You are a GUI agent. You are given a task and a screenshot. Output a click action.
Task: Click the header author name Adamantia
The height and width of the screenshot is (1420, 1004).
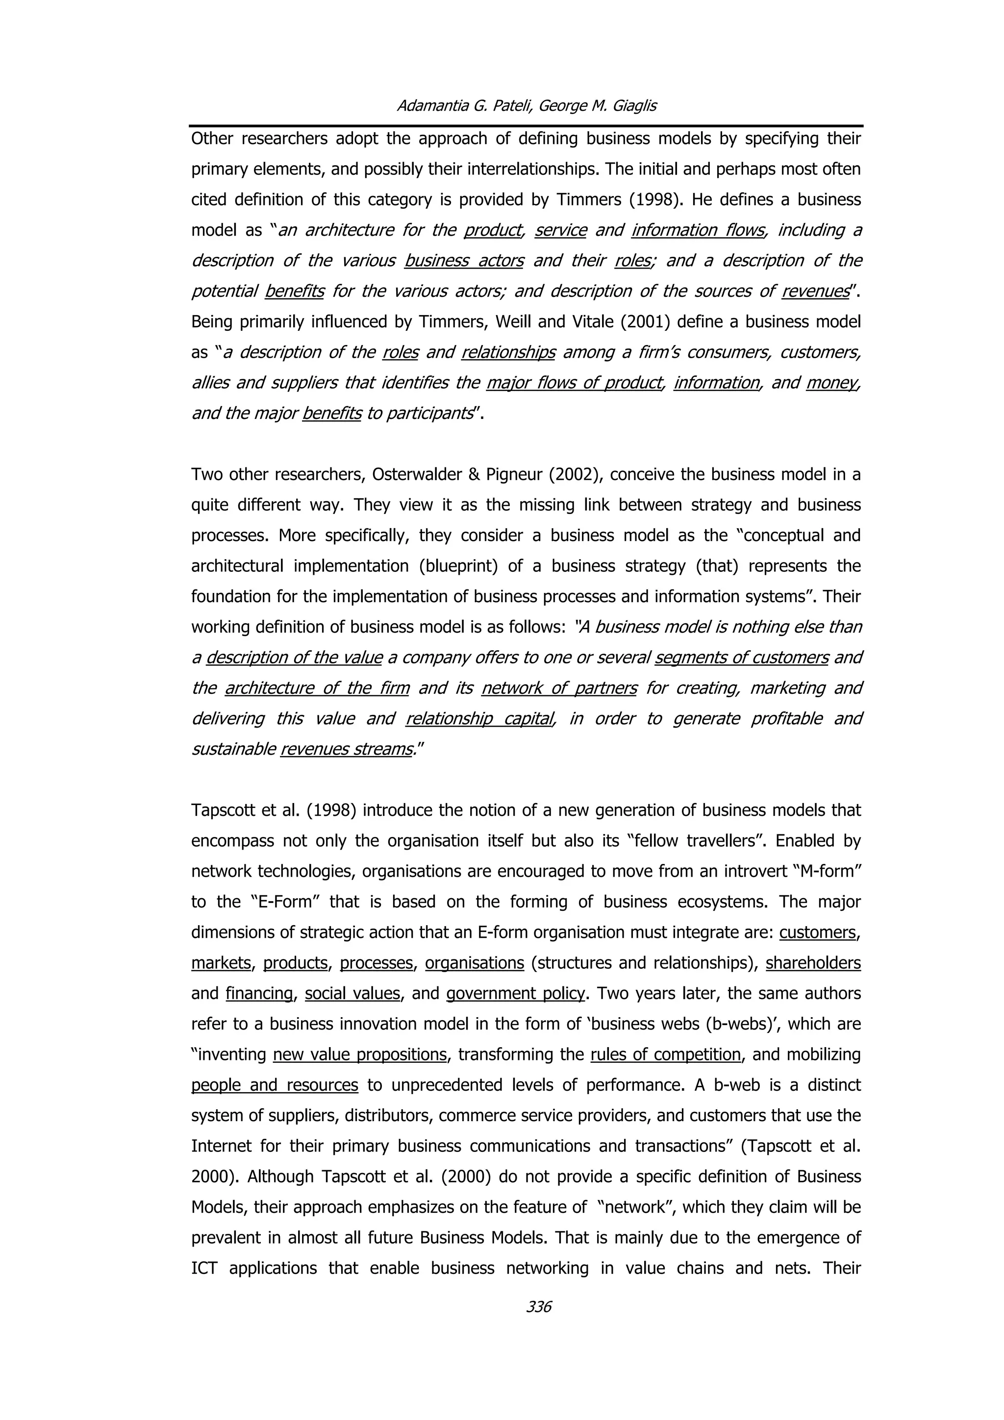432,106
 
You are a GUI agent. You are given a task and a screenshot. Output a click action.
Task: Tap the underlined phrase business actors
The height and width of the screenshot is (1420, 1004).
464,260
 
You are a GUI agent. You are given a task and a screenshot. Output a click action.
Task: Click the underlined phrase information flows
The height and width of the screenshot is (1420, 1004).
698,230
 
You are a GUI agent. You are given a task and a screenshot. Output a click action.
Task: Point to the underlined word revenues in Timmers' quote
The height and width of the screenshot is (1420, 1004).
815,291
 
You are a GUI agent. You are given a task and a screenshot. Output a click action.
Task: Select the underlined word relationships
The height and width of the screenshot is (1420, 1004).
508,352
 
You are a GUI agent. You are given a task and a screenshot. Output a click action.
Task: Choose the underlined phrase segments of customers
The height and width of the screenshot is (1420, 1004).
741,658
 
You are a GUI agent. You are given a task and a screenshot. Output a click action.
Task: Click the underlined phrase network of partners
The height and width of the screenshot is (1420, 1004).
558,688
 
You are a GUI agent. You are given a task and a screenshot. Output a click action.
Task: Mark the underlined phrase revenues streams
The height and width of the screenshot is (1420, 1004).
347,749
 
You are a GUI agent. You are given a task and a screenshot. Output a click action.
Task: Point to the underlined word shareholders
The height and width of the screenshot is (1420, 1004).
813,963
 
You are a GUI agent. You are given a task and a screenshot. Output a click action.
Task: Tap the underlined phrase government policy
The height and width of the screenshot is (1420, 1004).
515,993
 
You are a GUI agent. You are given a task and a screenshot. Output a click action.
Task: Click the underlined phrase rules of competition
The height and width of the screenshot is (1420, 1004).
665,1054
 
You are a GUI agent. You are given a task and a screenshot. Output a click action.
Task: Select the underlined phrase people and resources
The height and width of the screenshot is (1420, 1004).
275,1085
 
